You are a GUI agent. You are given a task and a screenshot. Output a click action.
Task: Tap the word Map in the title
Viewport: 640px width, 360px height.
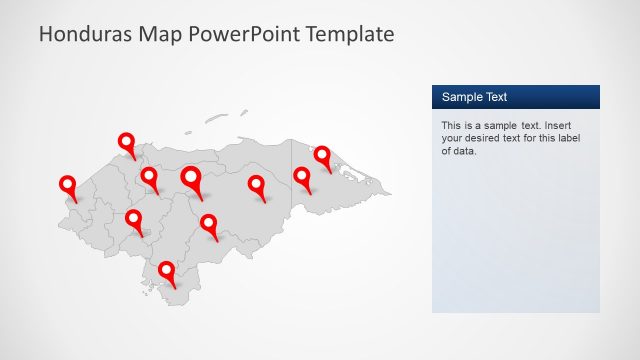[x=163, y=34]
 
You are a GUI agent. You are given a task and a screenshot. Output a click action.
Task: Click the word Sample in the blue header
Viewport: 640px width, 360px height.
[x=462, y=97]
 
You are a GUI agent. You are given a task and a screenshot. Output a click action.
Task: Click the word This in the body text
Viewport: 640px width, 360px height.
[x=452, y=126]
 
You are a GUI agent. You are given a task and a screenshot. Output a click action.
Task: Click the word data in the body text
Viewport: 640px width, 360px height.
[x=465, y=152]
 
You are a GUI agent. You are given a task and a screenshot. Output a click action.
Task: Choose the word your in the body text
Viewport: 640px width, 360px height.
[x=453, y=139]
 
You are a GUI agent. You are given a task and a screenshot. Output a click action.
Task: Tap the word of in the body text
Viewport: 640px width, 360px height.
[x=446, y=152]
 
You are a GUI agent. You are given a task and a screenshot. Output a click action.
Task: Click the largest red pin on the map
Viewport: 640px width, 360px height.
[x=191, y=179]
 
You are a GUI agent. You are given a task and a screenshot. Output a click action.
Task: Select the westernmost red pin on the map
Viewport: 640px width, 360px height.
[x=68, y=185]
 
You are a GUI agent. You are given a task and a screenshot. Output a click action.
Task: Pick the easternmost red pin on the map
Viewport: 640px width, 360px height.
[x=322, y=155]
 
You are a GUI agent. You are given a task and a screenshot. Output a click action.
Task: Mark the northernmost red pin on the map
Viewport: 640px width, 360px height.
[x=126, y=142]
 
